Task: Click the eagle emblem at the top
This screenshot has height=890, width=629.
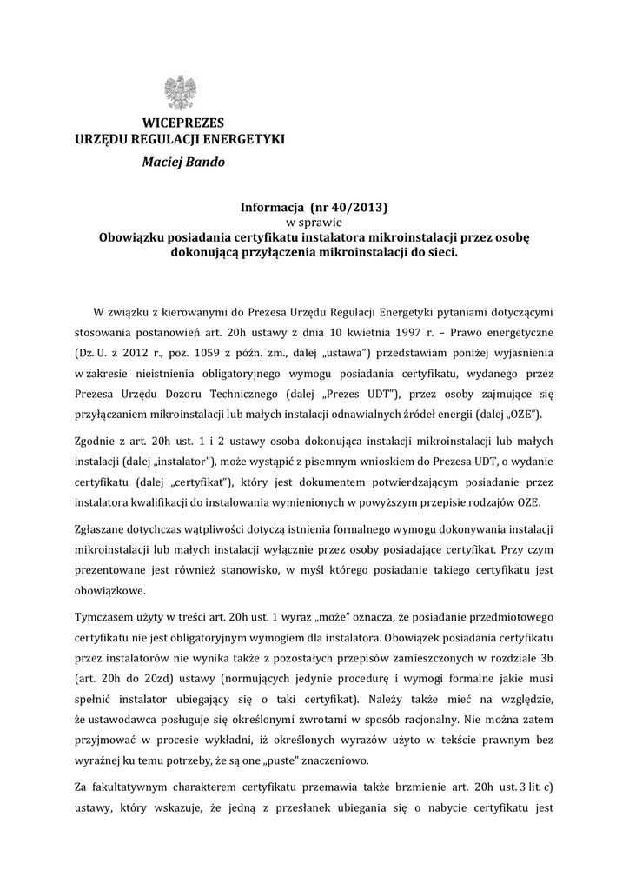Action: click(180, 92)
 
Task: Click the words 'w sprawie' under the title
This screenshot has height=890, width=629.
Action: click(314, 222)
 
